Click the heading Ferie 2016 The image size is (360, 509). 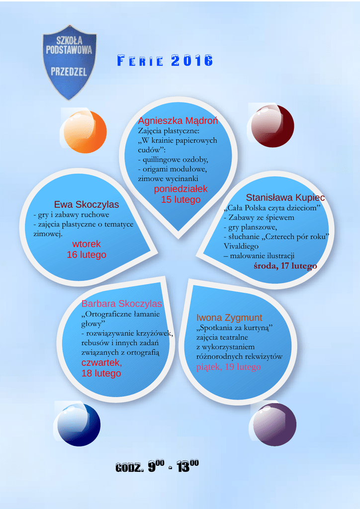click(x=165, y=61)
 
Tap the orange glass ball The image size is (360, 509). click(x=85, y=132)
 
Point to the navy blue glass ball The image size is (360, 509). click(x=78, y=425)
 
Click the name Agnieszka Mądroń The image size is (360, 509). click(x=178, y=121)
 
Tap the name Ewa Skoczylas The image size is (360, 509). click(x=87, y=204)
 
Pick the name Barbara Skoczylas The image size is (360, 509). click(x=122, y=304)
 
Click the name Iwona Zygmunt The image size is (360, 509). click(x=229, y=318)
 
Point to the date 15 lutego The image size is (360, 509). click(x=180, y=199)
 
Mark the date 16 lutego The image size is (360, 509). click(x=87, y=254)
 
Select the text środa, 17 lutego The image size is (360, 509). click(x=285, y=266)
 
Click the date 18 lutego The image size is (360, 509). click(x=101, y=373)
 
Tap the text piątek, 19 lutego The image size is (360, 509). click(x=228, y=367)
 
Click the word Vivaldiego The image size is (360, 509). click(x=241, y=246)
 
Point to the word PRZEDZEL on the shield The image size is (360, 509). click(x=69, y=72)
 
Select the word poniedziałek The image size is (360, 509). click(x=180, y=189)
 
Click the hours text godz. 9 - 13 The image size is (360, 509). click(x=157, y=466)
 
